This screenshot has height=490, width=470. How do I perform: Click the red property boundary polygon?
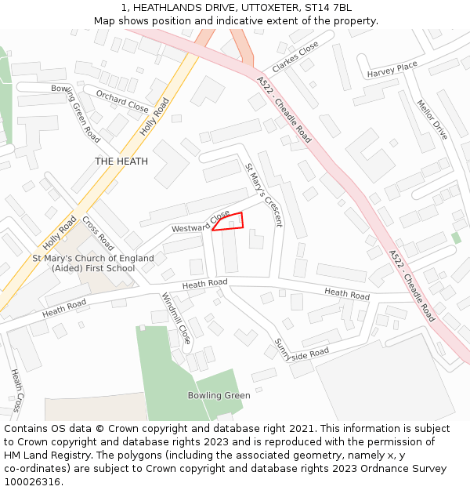(x=229, y=222)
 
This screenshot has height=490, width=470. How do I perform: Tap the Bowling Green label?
(x=219, y=395)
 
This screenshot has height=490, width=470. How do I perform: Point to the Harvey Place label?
(x=392, y=71)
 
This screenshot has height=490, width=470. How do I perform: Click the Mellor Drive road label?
(x=432, y=120)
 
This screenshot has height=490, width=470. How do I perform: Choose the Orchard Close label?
(x=122, y=100)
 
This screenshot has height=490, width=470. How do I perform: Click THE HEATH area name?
(x=121, y=162)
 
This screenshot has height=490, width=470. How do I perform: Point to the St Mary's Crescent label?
(x=263, y=195)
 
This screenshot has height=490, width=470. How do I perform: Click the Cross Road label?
(x=98, y=234)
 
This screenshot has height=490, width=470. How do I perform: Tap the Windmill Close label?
(x=176, y=318)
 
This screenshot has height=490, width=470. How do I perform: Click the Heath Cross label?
(x=16, y=390)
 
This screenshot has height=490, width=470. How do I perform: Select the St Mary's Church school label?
(x=93, y=263)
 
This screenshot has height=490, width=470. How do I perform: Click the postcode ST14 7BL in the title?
(x=325, y=7)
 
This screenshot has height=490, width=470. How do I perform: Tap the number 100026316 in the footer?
(x=34, y=481)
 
